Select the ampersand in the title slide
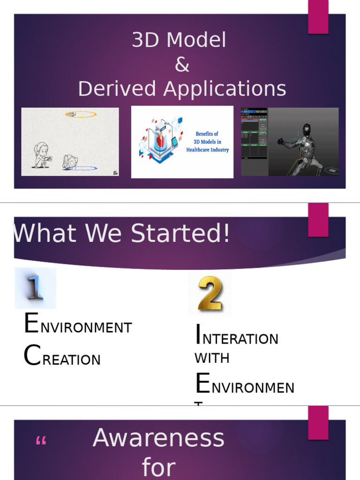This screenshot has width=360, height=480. [x=181, y=65]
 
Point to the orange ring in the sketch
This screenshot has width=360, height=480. [x=81, y=114]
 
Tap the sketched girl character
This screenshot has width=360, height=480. [x=42, y=155]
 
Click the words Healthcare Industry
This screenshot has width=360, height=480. [x=207, y=150]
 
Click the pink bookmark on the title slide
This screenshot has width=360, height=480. [x=318, y=17]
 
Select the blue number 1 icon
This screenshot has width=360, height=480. [x=35, y=287]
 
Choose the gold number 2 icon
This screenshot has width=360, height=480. [x=210, y=294]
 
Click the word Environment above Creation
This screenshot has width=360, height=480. [x=78, y=325]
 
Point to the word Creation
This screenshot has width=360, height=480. [x=62, y=357]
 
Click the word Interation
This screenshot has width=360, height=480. [x=236, y=336]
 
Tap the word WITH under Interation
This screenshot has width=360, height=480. [x=212, y=358]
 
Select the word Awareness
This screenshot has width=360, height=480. [x=158, y=438]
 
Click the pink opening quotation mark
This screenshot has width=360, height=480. [x=41, y=442]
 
